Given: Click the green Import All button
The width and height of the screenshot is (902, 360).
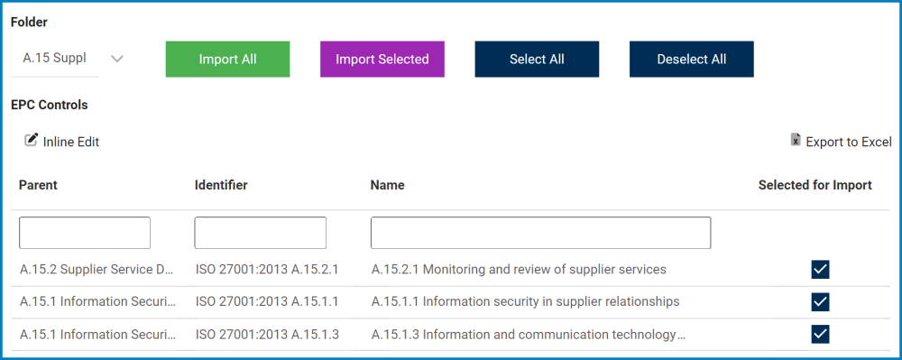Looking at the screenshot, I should [x=227, y=60].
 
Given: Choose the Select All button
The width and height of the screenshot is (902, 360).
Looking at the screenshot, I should [x=537, y=60].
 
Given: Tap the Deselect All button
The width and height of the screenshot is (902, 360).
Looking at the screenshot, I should [x=691, y=60].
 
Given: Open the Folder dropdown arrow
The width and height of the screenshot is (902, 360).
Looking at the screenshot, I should [x=115, y=60].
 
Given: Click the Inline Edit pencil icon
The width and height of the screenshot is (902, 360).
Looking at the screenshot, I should [x=32, y=140].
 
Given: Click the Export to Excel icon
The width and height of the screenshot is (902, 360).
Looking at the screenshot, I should [x=796, y=140].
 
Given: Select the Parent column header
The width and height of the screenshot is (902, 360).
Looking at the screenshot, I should [x=38, y=185].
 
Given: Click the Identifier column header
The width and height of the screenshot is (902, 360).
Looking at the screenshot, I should [x=221, y=185].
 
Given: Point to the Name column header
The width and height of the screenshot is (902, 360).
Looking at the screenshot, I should [x=387, y=185].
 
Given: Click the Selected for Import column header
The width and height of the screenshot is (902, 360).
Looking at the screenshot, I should [x=815, y=185].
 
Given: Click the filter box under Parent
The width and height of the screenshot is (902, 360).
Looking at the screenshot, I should [x=85, y=233].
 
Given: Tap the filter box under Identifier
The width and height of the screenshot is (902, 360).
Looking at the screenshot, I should [x=260, y=233].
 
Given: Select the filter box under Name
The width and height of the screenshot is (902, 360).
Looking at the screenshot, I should [x=540, y=233].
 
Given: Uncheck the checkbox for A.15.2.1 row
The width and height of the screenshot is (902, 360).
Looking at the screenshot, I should [x=820, y=270].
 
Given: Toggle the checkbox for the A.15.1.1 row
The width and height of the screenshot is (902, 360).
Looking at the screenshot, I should [x=820, y=301].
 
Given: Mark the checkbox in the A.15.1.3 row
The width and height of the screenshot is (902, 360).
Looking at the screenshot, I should [x=820, y=335].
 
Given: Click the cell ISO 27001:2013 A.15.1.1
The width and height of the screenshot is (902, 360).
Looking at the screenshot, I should [x=267, y=301].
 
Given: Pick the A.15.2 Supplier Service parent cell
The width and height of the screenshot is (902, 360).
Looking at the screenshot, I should [x=97, y=269].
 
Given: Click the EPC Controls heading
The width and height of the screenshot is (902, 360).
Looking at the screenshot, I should [x=50, y=105].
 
